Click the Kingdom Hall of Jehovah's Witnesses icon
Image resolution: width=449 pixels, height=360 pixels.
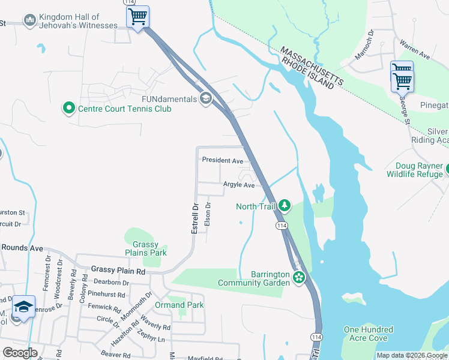pyautogui.click(x=29, y=21)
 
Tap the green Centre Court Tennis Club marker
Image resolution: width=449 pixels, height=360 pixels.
pyautogui.click(x=69, y=109)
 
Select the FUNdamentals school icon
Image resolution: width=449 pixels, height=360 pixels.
pyautogui.click(x=206, y=98)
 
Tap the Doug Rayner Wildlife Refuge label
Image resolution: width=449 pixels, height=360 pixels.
pyautogui.click(x=419, y=170)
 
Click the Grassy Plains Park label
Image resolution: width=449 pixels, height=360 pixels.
pyautogui.click(x=145, y=249)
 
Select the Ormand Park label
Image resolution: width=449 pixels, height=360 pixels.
pyautogui.click(x=179, y=305)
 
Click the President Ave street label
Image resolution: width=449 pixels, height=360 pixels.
pyautogui.click(x=222, y=160)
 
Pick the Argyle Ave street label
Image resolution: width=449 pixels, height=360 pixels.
pyautogui.click(x=239, y=185)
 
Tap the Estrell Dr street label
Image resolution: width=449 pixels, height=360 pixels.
pyautogui.click(x=195, y=218)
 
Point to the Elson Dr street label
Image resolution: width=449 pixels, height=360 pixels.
pyautogui.click(x=208, y=214)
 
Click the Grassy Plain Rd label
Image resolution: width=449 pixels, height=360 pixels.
pyautogui.click(x=118, y=271)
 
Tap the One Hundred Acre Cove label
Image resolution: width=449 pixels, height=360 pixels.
pyautogui.click(x=368, y=334)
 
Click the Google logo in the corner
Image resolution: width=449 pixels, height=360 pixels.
pyautogui.click(x=20, y=352)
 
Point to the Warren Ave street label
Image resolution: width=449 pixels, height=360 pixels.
pyautogui.click(x=415, y=50)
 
